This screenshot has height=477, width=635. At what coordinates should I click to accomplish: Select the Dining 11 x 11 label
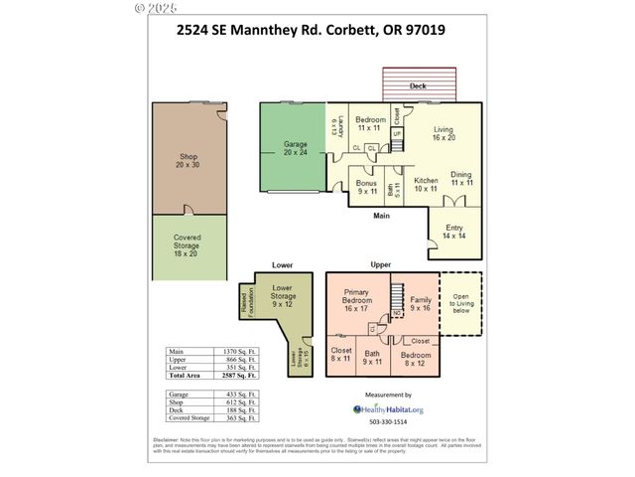point(461,179)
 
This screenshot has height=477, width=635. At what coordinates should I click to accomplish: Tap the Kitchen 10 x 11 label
point(426,184)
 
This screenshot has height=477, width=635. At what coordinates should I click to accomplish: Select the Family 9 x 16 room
point(421,304)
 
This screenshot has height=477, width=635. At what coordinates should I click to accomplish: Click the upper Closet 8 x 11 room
point(341,356)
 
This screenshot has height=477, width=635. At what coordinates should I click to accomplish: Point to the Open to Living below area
point(460,303)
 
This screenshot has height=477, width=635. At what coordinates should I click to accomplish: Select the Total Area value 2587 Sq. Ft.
point(237,377)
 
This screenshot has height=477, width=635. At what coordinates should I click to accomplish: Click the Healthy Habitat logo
point(388,408)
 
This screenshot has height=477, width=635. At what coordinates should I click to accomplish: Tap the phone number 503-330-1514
point(388,423)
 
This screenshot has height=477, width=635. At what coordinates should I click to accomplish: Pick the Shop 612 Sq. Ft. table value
point(237,402)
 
